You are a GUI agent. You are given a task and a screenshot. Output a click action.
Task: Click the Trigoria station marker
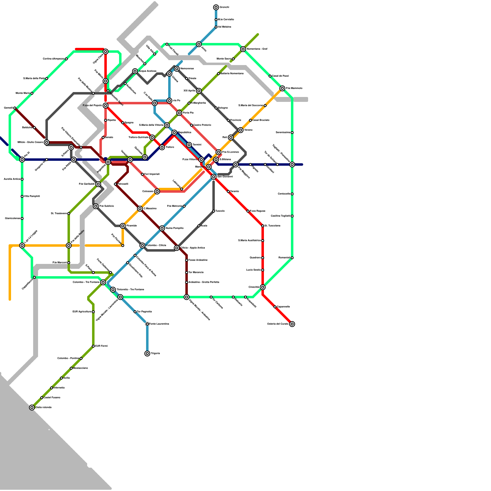pyautogui.click(x=147, y=354)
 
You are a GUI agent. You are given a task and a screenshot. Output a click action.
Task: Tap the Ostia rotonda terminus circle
pyautogui.click(x=32, y=408)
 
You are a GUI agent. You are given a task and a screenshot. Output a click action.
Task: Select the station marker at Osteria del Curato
pyautogui.click(x=292, y=324)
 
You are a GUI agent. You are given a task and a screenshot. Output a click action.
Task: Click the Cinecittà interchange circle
pyautogui.click(x=263, y=287)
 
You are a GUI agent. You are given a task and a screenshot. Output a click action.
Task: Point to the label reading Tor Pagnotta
pyautogui.click(x=144, y=312)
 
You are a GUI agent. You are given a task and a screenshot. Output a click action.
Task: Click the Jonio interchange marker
pyautogui.click(x=199, y=44)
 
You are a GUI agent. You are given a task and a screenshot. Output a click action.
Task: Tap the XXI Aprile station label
pyautogui.click(x=189, y=91)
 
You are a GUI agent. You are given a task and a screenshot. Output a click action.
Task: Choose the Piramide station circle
pyautogui.click(x=123, y=226)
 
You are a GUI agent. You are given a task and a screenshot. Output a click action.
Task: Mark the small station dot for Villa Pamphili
pyautogui.click(x=22, y=196)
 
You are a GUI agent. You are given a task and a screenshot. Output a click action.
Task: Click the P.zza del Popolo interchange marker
pyautogui.click(x=106, y=106)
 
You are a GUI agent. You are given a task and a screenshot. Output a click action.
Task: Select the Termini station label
pyautogui.click(x=197, y=145)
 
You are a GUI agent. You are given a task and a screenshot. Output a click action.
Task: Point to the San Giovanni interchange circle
pyautogui.click(x=214, y=177)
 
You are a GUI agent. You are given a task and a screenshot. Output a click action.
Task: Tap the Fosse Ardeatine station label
pyautogui.click(x=198, y=260)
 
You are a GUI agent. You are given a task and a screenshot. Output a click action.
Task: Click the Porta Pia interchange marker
pyautogui.click(x=179, y=113)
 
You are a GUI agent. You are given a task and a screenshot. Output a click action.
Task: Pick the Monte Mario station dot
pyautogui.click(x=32, y=93)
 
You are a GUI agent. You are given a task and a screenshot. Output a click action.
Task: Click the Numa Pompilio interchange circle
pyautogui.click(x=162, y=228)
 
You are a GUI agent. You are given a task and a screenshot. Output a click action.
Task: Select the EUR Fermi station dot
pyautogui.click(x=93, y=346)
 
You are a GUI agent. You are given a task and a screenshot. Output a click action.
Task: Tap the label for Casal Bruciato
pyautogui.click(x=261, y=120)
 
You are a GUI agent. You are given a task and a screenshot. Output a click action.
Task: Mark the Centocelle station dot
pyautogui.click(x=292, y=194)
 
